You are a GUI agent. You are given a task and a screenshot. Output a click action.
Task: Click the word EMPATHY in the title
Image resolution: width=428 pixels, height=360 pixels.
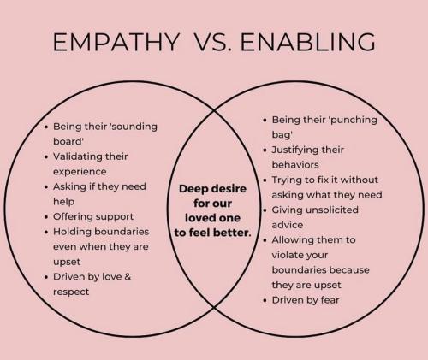(x=116, y=42)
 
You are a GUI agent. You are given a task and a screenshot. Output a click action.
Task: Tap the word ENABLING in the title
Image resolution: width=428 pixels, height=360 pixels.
(x=308, y=42)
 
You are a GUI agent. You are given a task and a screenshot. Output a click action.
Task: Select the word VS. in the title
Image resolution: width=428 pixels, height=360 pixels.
(x=212, y=42)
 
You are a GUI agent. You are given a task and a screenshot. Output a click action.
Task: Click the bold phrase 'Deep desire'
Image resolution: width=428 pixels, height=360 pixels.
(x=212, y=189)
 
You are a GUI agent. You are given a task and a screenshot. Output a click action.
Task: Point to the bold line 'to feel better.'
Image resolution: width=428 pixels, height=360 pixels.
(x=213, y=233)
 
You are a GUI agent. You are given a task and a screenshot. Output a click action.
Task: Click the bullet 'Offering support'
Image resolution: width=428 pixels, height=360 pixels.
(x=93, y=216)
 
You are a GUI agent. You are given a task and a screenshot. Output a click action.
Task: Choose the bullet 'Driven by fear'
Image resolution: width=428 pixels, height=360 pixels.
(x=306, y=300)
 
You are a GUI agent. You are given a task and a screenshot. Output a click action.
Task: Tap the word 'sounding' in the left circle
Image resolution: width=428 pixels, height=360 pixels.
(x=134, y=127)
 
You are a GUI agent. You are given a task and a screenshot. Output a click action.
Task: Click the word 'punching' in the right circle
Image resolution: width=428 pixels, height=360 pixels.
(x=354, y=120)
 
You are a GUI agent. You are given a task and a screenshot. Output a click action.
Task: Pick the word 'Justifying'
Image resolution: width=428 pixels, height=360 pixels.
(x=295, y=150)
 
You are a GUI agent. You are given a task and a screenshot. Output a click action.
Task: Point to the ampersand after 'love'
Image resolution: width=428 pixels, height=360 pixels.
(x=128, y=276)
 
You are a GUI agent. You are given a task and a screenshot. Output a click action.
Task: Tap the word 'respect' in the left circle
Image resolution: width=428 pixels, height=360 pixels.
(x=71, y=292)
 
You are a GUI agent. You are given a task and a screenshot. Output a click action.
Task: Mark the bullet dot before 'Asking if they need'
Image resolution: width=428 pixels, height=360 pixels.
(x=46, y=187)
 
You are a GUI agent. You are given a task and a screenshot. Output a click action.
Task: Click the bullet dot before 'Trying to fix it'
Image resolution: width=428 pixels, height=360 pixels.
(x=265, y=180)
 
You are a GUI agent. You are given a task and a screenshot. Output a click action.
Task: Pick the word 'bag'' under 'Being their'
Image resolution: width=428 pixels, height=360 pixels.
(x=282, y=135)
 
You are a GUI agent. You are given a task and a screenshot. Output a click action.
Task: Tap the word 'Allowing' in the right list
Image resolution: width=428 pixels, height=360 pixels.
(x=292, y=240)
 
